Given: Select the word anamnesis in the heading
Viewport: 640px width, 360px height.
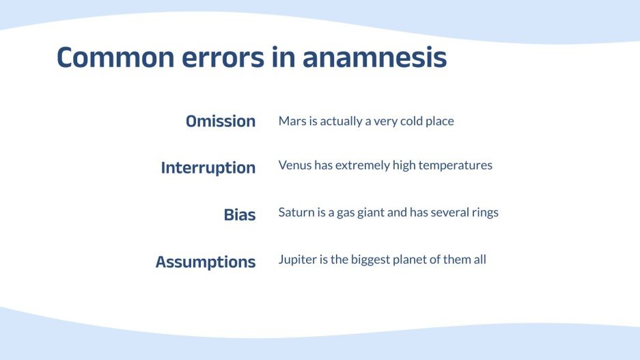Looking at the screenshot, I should (374, 58).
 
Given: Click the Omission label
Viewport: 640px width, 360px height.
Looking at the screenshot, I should (221, 122).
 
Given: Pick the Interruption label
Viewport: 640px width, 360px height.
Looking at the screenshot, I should (208, 168).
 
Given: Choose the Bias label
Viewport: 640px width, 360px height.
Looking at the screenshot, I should (240, 215).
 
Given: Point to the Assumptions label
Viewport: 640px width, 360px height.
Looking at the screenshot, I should (206, 262).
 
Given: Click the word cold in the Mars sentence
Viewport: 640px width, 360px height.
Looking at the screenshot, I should (410, 122).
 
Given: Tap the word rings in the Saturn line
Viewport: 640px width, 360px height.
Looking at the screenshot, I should (484, 212).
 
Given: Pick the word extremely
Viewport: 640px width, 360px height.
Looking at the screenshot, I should (363, 165).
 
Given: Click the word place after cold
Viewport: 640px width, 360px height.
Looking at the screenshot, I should (439, 122).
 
